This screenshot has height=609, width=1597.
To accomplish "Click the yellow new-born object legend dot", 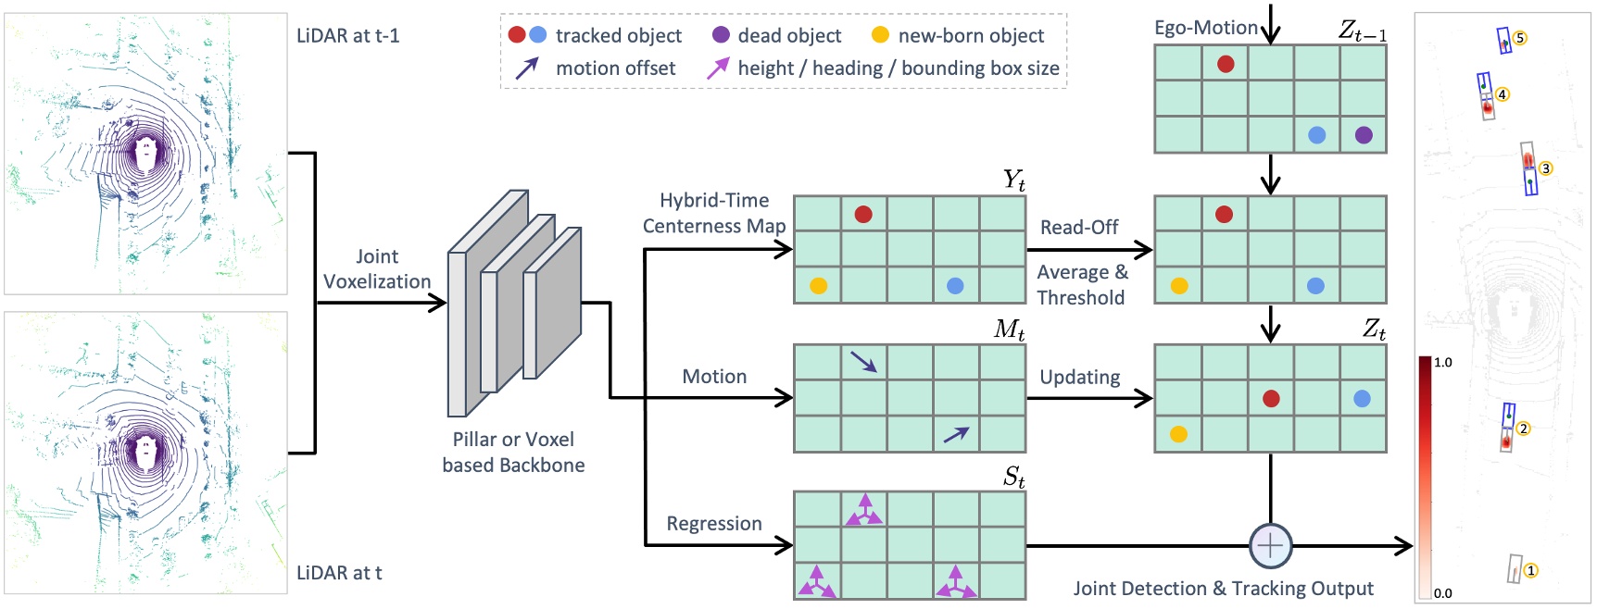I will coord(880,35).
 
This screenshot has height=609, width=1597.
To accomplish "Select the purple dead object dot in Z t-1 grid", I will coord(1364,135).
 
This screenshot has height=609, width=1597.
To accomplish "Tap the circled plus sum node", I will coord(1270,546).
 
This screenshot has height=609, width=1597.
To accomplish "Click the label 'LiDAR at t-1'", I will coord(347,36).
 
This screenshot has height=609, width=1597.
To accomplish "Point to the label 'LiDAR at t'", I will coord(339,573).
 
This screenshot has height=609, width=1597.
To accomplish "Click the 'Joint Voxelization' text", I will coord(377,269).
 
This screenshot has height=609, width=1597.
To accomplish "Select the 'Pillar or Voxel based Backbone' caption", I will coord(513,452).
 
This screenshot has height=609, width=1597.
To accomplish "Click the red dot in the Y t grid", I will coord(863,215).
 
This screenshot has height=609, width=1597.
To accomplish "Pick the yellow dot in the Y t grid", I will coord(818,285).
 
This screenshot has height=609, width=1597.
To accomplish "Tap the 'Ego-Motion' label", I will coord(1205,28).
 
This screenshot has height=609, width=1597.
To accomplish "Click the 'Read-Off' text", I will coord(1079,228).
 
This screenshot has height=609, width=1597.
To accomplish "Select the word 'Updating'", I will coord(1079,378).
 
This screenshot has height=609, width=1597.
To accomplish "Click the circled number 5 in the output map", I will coord(1520,38).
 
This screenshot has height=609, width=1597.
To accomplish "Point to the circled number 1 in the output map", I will coord(1531,570).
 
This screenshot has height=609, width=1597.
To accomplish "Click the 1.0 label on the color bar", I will coord(1443,363).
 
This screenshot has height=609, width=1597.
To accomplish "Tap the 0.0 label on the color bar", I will coord(1443,593).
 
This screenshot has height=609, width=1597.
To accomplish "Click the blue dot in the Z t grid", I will coord(1362,399).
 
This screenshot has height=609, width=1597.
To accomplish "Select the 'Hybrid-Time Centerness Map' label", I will coord(714,213).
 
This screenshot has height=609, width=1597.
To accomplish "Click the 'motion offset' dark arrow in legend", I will coord(526,68).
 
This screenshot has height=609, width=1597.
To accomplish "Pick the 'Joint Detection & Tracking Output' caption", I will coord(1223,589).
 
